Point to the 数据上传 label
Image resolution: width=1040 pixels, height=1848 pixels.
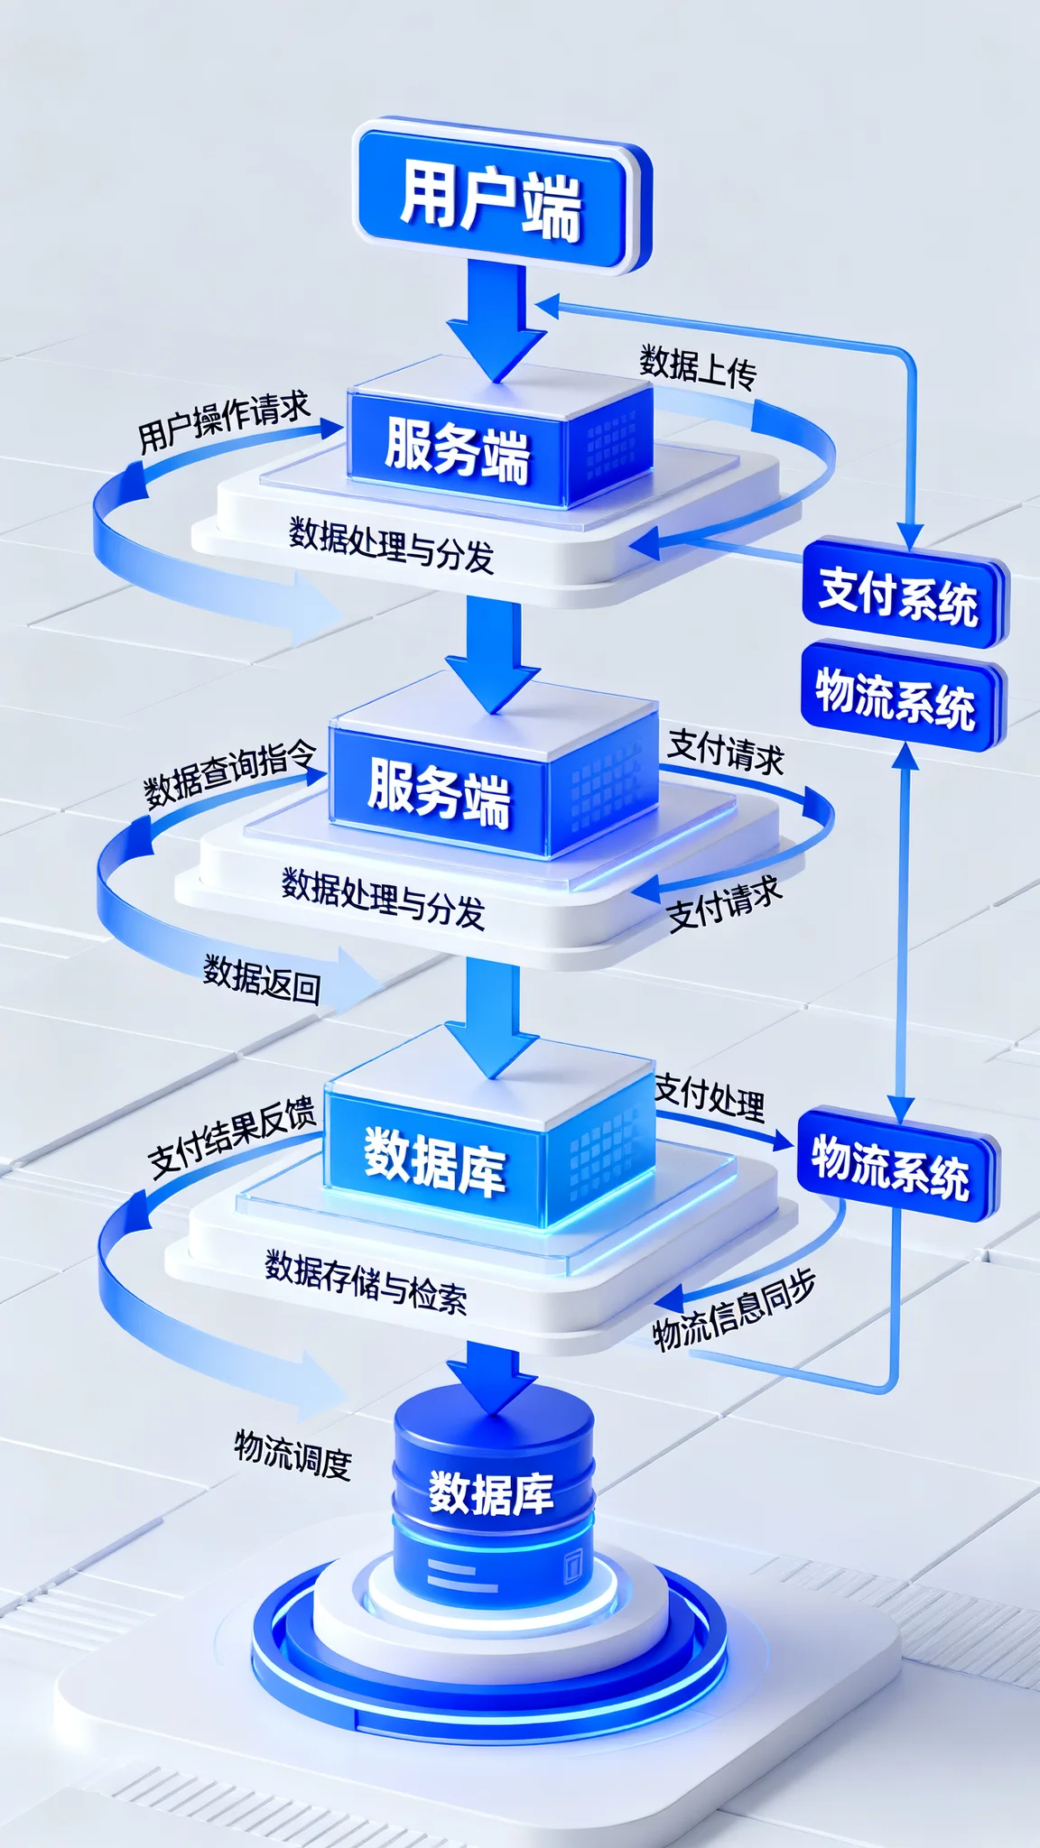pos(699,366)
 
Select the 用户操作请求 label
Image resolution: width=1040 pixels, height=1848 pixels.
pos(224,421)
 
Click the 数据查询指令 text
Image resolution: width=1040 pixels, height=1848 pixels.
pos(230,774)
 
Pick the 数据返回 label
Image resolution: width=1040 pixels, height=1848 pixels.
pos(262,979)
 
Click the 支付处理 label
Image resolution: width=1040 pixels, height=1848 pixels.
pos(710,1096)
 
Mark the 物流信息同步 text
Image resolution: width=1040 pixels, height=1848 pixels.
pos(734,1309)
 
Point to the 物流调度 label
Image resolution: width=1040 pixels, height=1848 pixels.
pos(292,1453)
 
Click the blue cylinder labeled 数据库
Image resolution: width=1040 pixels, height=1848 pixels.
pos(492,1498)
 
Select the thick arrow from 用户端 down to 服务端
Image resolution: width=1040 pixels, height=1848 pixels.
pos(497,320)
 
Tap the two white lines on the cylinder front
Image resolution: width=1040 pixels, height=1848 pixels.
pos(461,1575)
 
